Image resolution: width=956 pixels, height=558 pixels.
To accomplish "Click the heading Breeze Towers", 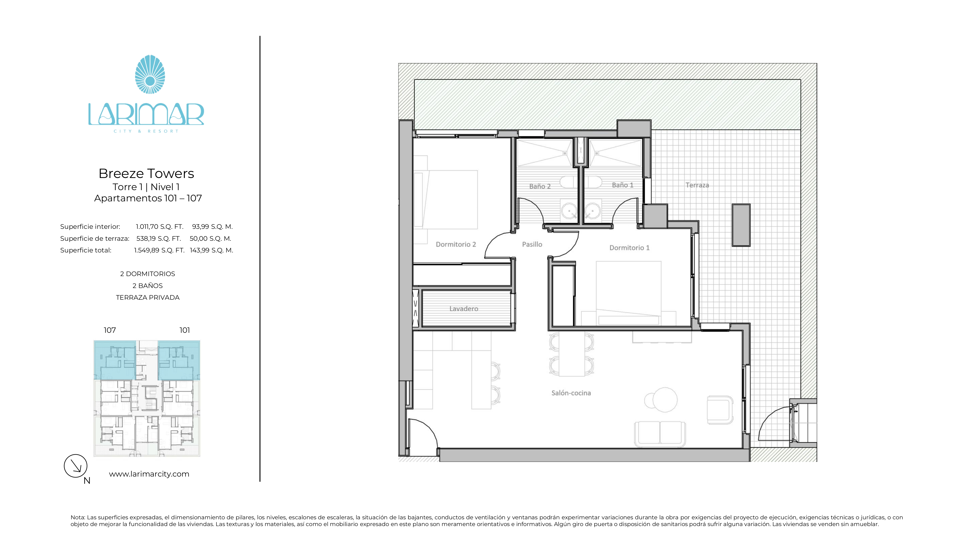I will (146, 173).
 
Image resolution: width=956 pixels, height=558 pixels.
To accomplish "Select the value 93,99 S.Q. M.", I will (212, 227).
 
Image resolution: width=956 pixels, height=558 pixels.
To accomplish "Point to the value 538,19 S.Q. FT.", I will (159, 238).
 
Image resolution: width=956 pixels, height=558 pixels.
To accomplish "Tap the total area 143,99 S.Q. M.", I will (211, 250).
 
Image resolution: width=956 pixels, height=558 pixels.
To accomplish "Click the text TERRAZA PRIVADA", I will (147, 298).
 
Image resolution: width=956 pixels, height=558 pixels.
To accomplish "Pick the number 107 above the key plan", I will (110, 330).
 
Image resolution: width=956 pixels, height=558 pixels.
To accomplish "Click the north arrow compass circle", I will (76, 466).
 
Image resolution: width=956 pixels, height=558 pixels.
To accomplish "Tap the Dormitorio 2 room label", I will (456, 244).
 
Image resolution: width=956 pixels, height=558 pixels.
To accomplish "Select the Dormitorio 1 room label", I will (629, 248).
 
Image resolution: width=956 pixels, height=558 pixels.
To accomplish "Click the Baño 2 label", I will (539, 186).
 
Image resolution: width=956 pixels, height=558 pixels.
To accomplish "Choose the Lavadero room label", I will (464, 309).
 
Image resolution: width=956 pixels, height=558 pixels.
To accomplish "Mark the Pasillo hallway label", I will (532, 244).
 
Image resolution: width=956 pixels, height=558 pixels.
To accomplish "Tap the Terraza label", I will (697, 185).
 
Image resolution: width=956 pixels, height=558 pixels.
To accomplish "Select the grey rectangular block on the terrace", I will (741, 225).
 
